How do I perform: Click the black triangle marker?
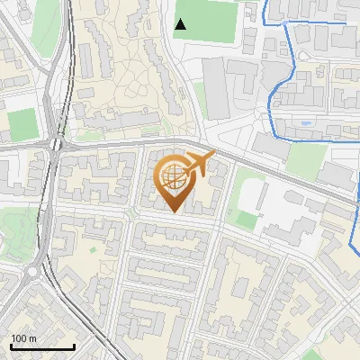click(181, 24)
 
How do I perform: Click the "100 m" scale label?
click(23, 338)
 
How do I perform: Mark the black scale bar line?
click(42, 347)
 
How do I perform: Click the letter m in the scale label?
click(32, 338)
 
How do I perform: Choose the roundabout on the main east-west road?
click(59, 143)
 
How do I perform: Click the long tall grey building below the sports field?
click(217, 89)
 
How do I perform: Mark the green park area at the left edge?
click(8, 226)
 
